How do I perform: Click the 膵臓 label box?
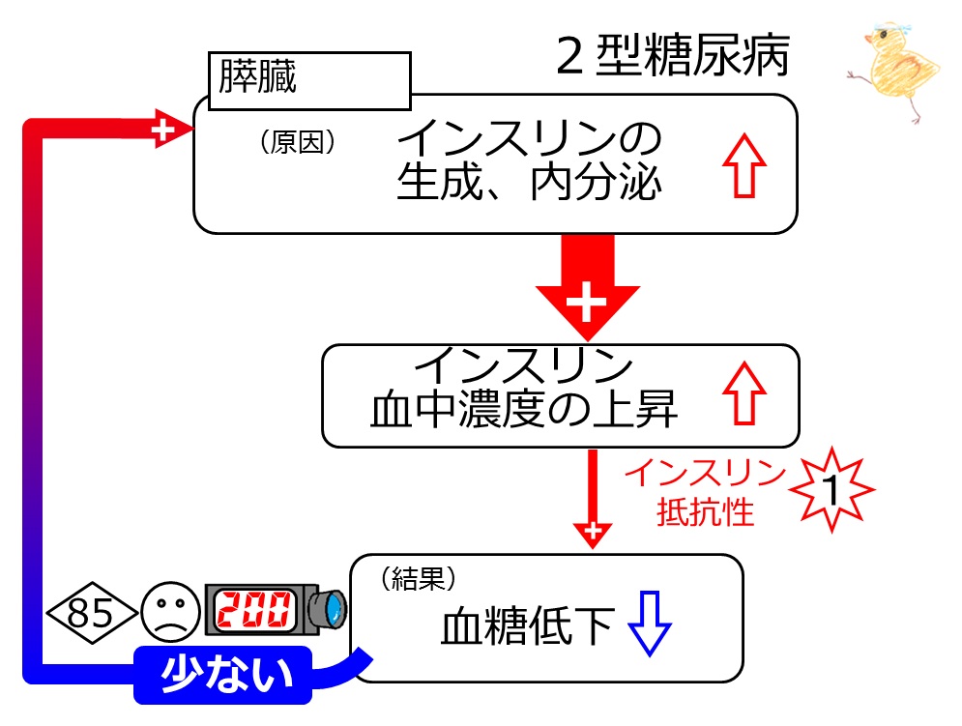click(309, 80)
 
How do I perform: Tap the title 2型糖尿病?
click(673, 56)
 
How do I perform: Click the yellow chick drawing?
click(895, 71)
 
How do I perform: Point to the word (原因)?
click(298, 142)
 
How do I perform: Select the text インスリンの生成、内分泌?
click(529, 160)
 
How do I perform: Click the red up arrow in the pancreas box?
click(744, 165)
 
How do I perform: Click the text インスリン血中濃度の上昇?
click(524, 388)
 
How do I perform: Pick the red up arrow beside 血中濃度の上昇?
click(744, 393)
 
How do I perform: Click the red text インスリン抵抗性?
click(706, 492)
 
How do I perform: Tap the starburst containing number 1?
click(831, 489)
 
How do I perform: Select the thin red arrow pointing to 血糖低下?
click(593, 499)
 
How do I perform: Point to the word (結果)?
click(419, 579)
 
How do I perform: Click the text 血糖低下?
click(528, 625)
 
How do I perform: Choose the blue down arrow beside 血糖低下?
click(650, 624)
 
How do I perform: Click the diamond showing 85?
click(92, 613)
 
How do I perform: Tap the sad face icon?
click(170, 612)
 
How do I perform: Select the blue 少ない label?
click(223, 675)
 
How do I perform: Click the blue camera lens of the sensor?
click(335, 609)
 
